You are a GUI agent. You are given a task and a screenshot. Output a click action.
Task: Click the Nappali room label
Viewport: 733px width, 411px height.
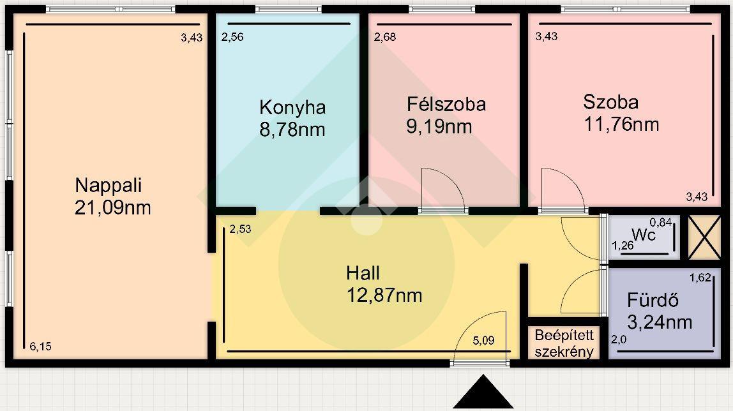pos(109,186)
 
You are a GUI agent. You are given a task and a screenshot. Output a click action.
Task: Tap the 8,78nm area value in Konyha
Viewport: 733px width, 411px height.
pos(292,130)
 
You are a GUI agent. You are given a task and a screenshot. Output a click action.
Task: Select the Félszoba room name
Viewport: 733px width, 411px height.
pos(446,104)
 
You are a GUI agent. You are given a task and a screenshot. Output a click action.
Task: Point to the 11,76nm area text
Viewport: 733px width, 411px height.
pos(621,124)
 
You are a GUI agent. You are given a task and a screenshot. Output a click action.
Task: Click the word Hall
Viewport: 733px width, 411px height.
pos(363,273)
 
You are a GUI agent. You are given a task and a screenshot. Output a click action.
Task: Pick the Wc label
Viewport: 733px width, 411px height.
pos(644,234)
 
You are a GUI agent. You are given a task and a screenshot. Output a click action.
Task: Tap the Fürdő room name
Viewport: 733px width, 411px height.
pos(653,300)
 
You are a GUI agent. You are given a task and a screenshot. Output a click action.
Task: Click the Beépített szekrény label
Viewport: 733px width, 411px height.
pos(564,343)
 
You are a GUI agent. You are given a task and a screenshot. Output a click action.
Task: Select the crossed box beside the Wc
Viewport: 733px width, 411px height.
pos(704,237)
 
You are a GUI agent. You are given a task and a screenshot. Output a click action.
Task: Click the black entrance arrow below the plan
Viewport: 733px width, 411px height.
pos(483,392)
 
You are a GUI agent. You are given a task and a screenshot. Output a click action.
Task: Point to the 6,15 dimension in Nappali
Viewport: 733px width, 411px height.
pos(40,347)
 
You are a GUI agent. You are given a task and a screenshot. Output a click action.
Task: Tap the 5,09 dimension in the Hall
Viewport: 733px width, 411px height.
pos(483,340)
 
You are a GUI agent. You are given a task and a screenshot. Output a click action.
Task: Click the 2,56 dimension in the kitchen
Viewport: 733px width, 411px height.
pos(232,37)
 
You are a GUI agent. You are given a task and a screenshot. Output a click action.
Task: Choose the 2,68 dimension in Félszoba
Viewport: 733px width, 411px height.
pos(385,37)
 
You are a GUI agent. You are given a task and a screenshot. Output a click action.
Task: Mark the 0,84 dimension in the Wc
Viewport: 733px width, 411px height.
pos(661,222)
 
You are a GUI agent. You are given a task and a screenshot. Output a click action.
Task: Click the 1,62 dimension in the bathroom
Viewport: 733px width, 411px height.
pos(700,278)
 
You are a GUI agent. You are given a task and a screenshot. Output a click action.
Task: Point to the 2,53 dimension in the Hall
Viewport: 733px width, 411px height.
pos(240,229)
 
